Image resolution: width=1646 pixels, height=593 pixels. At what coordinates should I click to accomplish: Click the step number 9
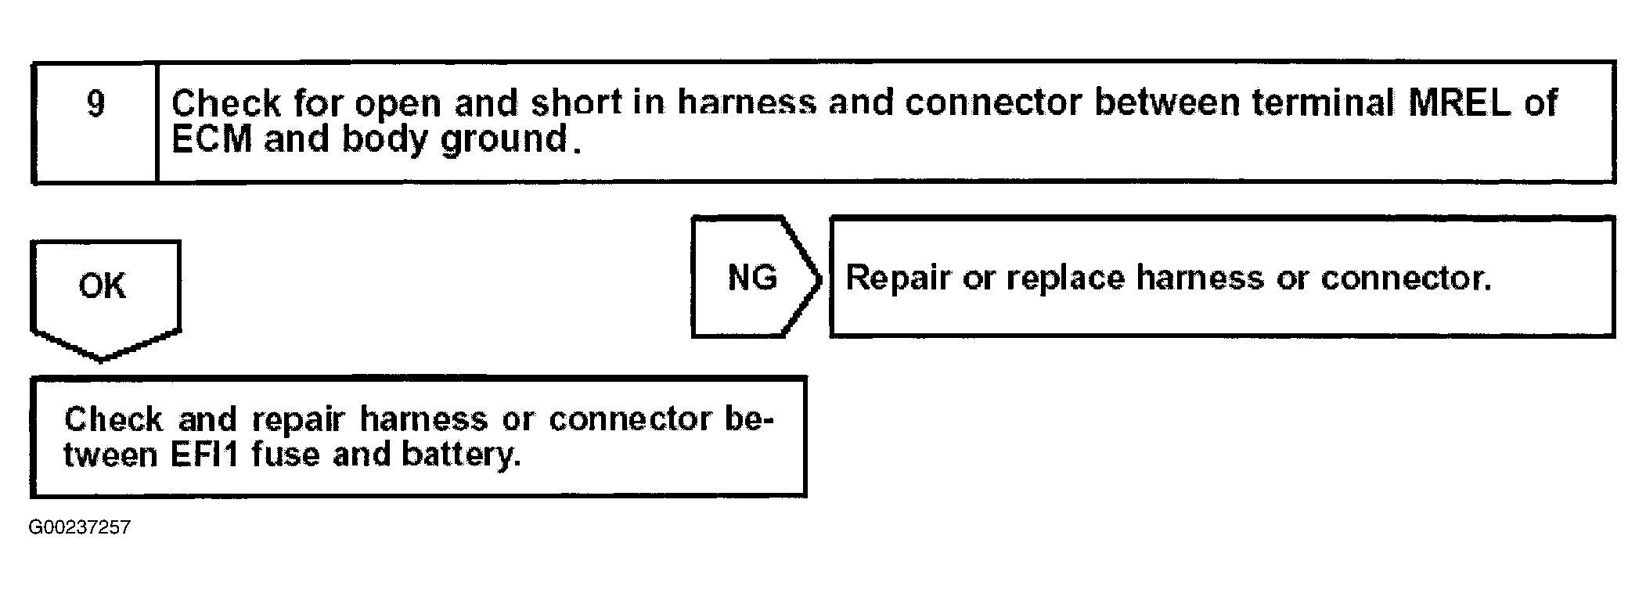click(x=95, y=104)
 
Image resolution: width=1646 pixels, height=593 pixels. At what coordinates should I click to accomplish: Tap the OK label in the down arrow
click(x=102, y=286)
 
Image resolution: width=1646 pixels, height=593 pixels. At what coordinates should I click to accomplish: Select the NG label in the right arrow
click(x=752, y=278)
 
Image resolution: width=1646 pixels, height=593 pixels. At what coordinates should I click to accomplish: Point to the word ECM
click(x=211, y=140)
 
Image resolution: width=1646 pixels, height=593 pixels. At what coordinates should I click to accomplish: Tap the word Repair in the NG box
click(x=898, y=279)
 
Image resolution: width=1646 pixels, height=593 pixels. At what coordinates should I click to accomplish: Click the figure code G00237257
click(x=80, y=528)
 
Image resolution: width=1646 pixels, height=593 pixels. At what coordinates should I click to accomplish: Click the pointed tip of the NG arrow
click(x=819, y=278)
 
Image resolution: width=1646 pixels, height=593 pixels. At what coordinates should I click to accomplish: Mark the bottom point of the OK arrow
click(x=103, y=360)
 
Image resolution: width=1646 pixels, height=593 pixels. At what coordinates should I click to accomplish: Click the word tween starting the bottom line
click(x=110, y=455)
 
